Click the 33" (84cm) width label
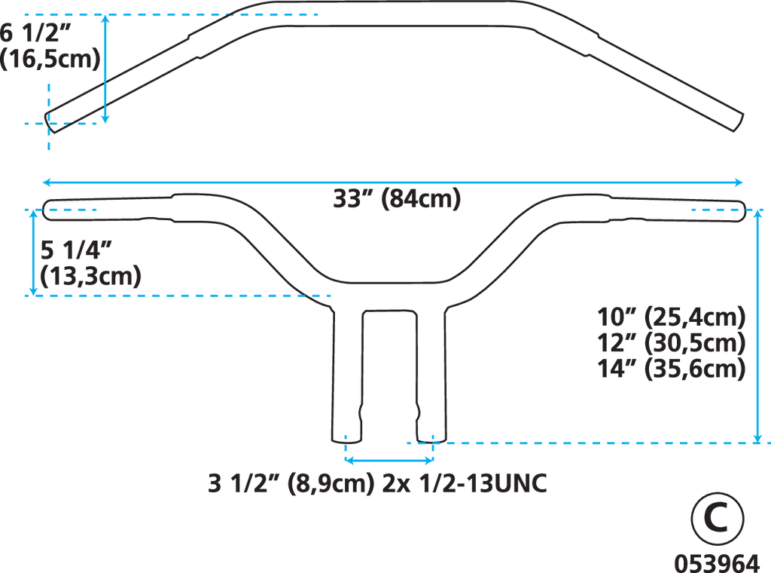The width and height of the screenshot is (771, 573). coord(397,199)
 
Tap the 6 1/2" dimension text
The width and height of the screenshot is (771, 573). coord(36,33)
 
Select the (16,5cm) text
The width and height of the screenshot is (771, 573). coord(50,59)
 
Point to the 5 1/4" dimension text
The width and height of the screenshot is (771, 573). coord(77,250)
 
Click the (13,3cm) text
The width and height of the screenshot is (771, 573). coord(90,276)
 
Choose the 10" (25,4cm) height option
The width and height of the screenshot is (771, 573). coord(671,317)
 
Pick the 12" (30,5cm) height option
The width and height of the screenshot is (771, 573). coord(671,342)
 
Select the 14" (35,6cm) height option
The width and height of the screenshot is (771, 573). coord(671,369)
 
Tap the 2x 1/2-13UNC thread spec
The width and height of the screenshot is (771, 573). coord(465,483)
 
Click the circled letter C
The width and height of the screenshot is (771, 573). coord(718,518)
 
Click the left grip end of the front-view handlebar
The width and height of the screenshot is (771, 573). coord(46,210)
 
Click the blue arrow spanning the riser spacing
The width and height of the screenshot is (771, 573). coord(389,460)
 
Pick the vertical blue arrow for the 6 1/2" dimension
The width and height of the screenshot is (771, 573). coord(105,69)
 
